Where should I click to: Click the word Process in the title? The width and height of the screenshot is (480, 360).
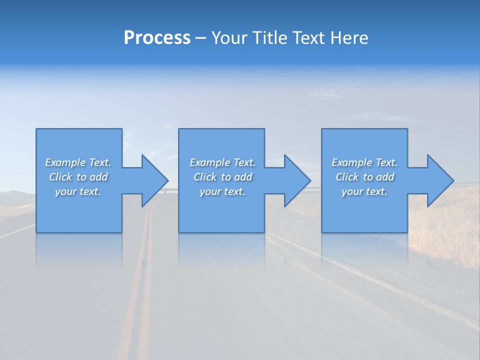pyautogui.click(x=157, y=38)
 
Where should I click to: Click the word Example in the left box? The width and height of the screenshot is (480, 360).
pyautogui.click(x=65, y=162)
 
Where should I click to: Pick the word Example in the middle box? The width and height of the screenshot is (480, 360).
pyautogui.click(x=209, y=162)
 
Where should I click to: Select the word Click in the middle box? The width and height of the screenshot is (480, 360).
pyautogui.click(x=205, y=177)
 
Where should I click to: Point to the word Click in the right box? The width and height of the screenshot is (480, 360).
pyautogui.click(x=347, y=177)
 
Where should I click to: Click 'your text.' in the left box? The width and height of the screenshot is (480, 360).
pyautogui.click(x=78, y=191)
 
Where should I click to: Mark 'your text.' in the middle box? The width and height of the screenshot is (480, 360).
pyautogui.click(x=222, y=191)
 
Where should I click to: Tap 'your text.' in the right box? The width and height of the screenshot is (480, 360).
pyautogui.click(x=364, y=191)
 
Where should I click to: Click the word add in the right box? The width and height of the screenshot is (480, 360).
pyautogui.click(x=385, y=177)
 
